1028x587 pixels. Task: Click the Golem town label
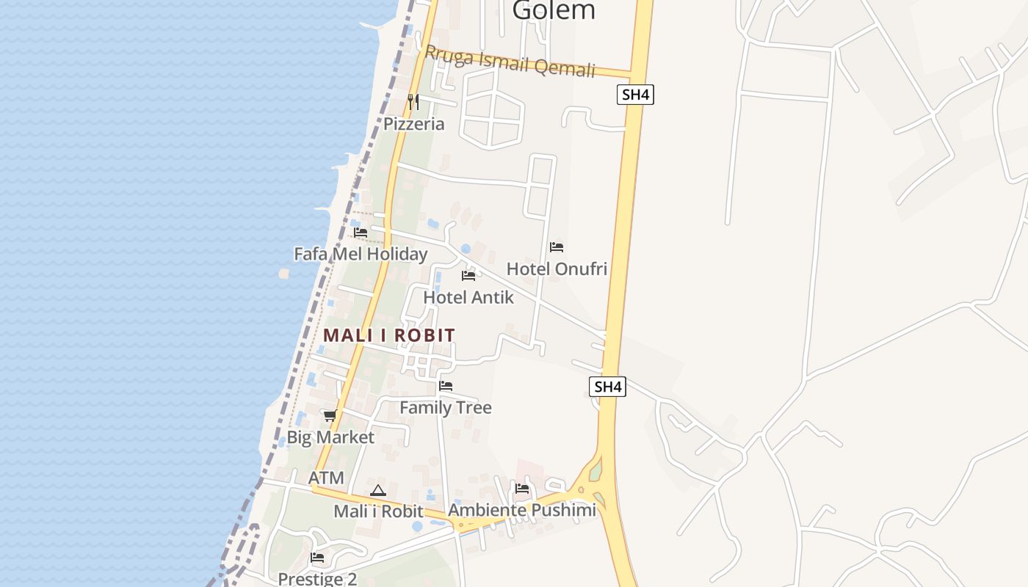tap(554, 10)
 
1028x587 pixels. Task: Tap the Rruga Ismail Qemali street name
tap(510, 61)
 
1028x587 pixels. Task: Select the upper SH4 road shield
tap(635, 95)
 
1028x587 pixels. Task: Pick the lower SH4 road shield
tap(608, 387)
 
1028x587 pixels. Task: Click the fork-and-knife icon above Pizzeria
tap(413, 102)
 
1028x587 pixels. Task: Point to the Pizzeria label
tap(414, 124)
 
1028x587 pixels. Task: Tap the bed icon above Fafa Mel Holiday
tap(361, 233)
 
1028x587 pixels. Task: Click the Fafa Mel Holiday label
tap(361, 254)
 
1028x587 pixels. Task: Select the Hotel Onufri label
tap(557, 269)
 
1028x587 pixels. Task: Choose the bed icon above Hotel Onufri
tap(557, 247)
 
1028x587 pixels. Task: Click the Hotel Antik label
tap(468, 297)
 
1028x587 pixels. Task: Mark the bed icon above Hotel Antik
tap(468, 276)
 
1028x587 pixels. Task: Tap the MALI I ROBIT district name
tap(389, 335)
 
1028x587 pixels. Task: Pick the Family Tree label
tap(446, 407)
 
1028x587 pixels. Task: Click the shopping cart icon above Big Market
tap(330, 416)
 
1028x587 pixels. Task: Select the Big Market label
tap(330, 437)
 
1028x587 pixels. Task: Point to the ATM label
tap(326, 478)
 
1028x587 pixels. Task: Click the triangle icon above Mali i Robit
tap(378, 490)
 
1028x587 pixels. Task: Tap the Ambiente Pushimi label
tap(522, 510)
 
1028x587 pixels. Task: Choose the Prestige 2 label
tap(317, 578)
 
